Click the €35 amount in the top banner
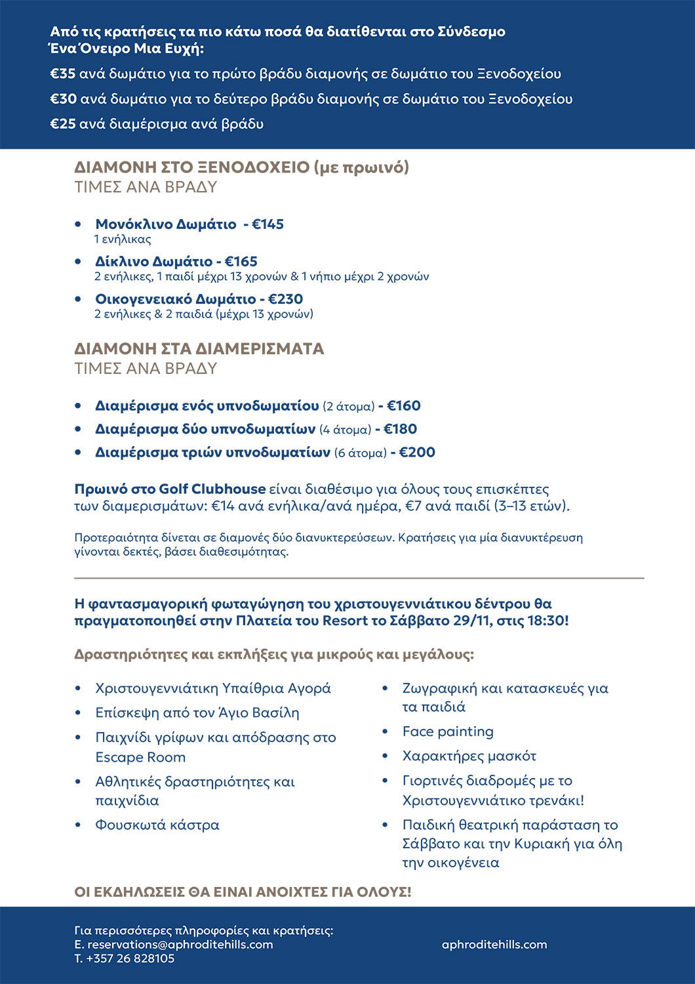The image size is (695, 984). pyautogui.click(x=63, y=74)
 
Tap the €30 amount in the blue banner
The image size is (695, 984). pyautogui.click(x=64, y=99)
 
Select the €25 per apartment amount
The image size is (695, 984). pyautogui.click(x=63, y=124)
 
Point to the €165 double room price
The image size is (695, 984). pyautogui.click(x=241, y=262)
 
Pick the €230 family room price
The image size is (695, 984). pyautogui.click(x=286, y=299)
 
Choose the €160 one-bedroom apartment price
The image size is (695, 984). pyautogui.click(x=404, y=406)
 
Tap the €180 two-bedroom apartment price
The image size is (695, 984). pyautogui.click(x=401, y=430)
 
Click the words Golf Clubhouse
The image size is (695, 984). pyautogui.click(x=212, y=489)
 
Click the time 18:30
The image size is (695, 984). pyautogui.click(x=546, y=621)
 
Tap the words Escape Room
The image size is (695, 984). pyautogui.click(x=140, y=757)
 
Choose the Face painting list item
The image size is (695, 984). pyautogui.click(x=448, y=731)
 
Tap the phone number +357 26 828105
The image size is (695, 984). pyautogui.click(x=130, y=958)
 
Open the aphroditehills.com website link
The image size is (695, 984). pyautogui.click(x=494, y=945)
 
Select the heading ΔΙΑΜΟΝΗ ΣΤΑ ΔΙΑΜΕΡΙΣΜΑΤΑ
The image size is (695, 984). pyautogui.click(x=199, y=349)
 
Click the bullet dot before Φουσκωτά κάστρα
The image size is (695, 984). pyautogui.click(x=78, y=825)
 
